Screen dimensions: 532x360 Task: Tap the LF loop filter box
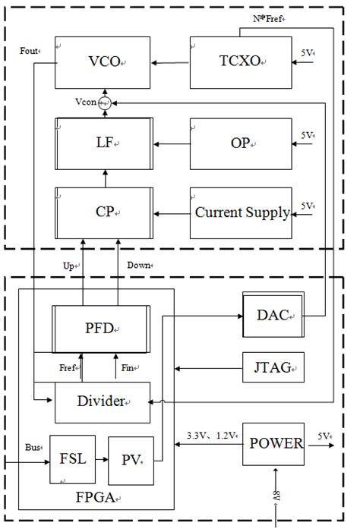tap(103, 143)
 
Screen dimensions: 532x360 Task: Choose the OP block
tap(239, 143)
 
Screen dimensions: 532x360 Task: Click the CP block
tap(103, 211)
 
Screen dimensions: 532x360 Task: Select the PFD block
tap(100, 329)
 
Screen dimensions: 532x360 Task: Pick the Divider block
tap(102, 401)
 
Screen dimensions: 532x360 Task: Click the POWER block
tap(273, 444)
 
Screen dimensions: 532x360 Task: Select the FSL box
tap(72, 458)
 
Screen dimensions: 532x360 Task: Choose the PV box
tap(131, 459)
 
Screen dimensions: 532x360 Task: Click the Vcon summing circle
tap(106, 101)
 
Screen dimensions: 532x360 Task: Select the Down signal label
tap(138, 265)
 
